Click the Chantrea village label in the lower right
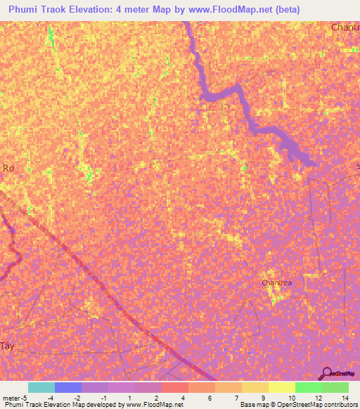click(x=276, y=283)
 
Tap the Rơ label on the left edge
click(x=8, y=168)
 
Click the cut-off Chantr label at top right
click(x=345, y=27)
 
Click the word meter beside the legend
click(x=11, y=398)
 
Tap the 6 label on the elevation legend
click(x=210, y=398)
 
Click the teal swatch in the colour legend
click(x=41, y=387)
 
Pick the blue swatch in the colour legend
click(x=68, y=387)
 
